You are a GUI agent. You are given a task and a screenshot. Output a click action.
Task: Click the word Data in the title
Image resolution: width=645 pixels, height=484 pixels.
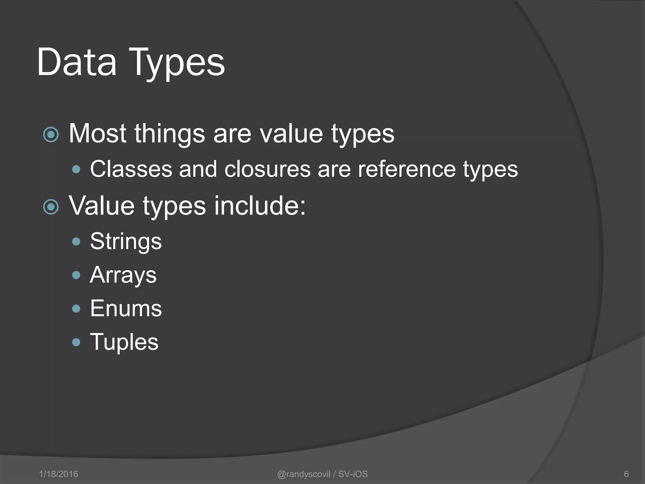(x=77, y=62)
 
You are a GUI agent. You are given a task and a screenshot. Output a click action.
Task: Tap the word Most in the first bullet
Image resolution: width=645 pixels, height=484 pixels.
(x=98, y=134)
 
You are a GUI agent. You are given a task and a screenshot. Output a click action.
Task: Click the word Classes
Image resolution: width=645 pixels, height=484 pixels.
(x=131, y=169)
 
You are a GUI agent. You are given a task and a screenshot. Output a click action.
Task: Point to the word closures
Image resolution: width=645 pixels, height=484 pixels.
(x=267, y=169)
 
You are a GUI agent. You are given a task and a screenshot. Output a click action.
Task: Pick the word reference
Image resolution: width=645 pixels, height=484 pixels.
(x=407, y=169)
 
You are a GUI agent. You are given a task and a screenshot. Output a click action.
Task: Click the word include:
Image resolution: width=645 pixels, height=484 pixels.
(x=260, y=206)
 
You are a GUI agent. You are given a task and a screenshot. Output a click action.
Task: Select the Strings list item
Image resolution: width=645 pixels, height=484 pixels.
(x=126, y=242)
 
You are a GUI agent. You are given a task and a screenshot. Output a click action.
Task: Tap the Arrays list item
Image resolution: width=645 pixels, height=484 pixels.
(x=123, y=275)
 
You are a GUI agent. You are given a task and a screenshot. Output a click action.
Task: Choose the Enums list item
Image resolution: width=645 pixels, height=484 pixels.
(x=126, y=308)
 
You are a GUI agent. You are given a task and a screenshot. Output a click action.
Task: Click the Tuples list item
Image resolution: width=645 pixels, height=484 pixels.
(x=124, y=342)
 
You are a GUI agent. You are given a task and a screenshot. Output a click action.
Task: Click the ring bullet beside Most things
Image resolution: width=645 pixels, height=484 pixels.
(x=51, y=135)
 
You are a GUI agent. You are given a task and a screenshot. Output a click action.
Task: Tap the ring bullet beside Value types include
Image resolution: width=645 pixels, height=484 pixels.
(x=51, y=207)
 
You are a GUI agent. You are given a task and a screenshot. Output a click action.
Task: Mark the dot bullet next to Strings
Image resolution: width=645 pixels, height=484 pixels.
(x=76, y=242)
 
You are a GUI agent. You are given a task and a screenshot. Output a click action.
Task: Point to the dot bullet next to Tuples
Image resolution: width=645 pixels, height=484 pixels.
(x=76, y=342)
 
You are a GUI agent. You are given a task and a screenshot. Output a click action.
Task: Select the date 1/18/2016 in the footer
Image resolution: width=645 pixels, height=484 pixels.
(x=59, y=474)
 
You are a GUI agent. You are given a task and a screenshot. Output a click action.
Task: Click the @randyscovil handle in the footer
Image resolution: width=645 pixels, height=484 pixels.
(x=304, y=474)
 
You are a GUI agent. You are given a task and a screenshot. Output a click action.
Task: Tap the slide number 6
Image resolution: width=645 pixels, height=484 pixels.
(x=626, y=474)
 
